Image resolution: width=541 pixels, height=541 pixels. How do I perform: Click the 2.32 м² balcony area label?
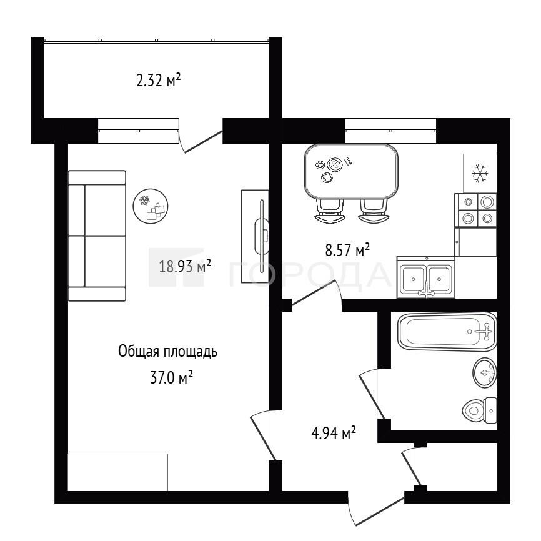tap(159, 81)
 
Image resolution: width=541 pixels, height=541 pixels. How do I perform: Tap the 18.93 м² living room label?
tap(185, 266)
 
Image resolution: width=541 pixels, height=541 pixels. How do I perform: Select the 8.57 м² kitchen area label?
tap(347, 249)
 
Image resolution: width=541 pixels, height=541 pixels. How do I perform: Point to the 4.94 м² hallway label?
tap(334, 433)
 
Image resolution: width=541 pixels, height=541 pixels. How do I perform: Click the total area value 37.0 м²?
tap(171, 377)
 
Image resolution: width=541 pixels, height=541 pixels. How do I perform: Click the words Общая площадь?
tap(167, 352)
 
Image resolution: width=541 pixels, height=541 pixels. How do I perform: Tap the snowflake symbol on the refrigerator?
tap(480, 173)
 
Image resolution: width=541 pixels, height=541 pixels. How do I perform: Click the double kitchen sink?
tap(426, 277)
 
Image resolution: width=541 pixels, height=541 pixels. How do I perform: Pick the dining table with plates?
tap(351, 171)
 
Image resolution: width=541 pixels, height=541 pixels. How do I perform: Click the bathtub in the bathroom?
tap(447, 332)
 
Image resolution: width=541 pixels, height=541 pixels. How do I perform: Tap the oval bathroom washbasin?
tap(485, 372)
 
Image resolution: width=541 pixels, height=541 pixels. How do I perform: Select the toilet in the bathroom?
tap(480, 410)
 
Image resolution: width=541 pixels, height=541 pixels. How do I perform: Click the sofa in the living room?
tap(97, 236)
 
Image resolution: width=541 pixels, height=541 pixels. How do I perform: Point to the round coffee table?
tap(151, 206)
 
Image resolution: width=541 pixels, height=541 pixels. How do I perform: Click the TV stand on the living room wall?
tap(255, 236)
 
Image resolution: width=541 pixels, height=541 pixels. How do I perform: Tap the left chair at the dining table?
tap(330, 211)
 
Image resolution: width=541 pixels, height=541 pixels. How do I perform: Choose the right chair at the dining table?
tap(374, 211)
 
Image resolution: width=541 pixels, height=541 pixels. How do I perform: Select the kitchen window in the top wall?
tap(390, 131)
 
